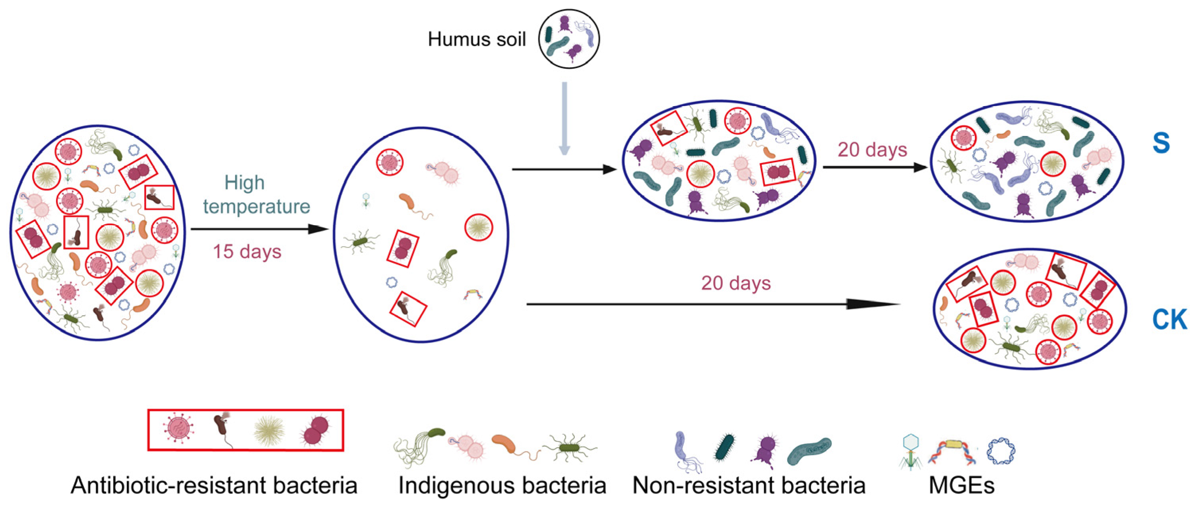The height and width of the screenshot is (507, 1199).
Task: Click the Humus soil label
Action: [x=477, y=40]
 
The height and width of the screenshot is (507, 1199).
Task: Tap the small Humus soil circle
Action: [x=569, y=39]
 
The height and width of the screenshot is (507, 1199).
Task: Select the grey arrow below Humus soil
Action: [x=565, y=119]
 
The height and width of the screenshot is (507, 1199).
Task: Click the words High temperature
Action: [x=256, y=194]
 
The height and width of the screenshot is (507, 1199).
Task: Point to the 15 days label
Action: [x=247, y=252]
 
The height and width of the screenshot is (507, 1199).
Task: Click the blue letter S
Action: [x=1161, y=143]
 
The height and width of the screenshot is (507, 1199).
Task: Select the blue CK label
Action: [x=1169, y=320]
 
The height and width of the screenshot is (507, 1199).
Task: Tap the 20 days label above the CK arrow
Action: [x=736, y=283]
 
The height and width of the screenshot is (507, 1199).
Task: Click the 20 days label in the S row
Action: [x=872, y=150]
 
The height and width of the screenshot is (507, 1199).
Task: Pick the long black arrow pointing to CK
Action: [x=712, y=304]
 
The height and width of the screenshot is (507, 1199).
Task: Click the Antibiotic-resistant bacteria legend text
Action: [x=214, y=486]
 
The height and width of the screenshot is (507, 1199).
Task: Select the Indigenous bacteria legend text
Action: [x=502, y=486]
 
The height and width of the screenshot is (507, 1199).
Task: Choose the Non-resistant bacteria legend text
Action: [x=749, y=486]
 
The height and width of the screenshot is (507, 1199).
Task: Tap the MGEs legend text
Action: [x=962, y=486]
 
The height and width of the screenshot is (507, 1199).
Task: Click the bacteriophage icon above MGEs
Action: [x=910, y=452]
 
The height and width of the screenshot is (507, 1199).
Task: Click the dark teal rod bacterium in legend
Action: [x=724, y=447]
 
